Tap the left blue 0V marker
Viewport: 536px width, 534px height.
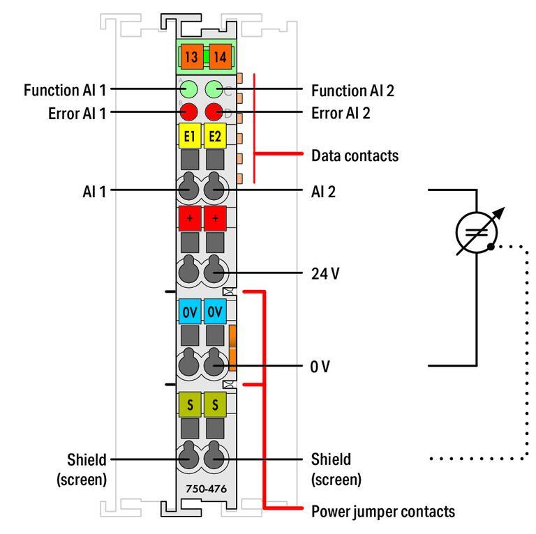click(188, 312)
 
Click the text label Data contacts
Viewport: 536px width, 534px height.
click(355, 155)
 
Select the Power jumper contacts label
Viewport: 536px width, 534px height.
click(382, 512)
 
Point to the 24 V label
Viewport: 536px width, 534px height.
click(326, 273)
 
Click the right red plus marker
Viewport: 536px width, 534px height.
click(215, 219)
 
